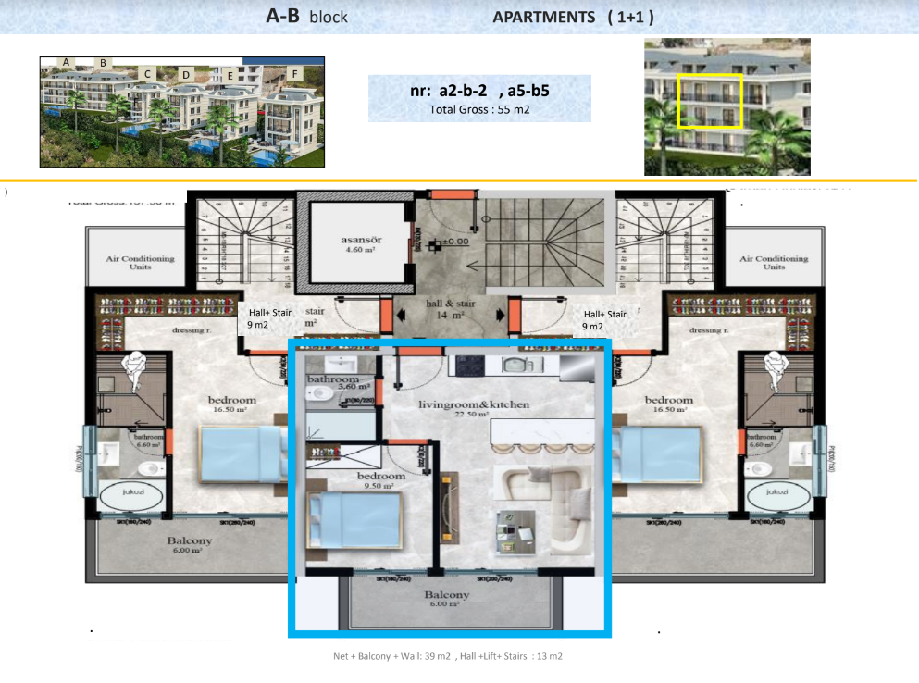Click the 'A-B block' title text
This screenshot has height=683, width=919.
[306, 16]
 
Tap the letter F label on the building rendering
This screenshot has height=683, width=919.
[294, 73]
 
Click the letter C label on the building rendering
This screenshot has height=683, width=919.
[147, 73]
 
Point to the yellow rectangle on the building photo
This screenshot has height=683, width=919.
[710, 101]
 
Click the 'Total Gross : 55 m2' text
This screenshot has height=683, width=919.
[478, 109]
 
